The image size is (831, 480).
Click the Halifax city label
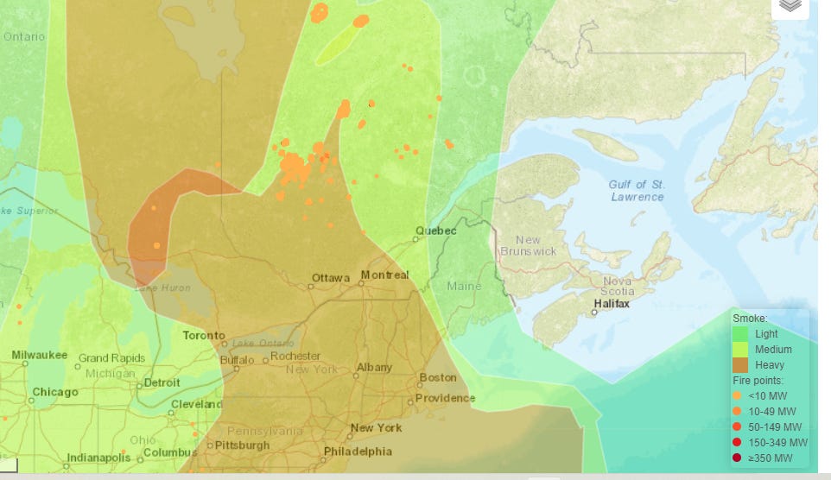[612, 304]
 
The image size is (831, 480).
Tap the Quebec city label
[435, 231]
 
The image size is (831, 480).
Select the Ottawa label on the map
[331, 278]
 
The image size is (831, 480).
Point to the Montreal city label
[384, 275]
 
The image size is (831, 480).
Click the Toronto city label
[204, 335]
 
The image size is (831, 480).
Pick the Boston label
[437, 377]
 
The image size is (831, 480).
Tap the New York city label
[377, 427]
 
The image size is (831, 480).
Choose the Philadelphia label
[357, 452]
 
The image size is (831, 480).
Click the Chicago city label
[54, 392]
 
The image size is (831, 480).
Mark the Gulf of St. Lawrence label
[636, 191]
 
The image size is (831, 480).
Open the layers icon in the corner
[790, 6]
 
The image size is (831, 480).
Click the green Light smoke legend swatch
[739, 333]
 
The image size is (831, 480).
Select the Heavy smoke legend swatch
[739, 365]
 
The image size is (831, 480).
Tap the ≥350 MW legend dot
[737, 458]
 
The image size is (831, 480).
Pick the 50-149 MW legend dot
[737, 426]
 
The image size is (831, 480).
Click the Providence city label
[445, 398]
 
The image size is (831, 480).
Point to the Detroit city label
[162, 382]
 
